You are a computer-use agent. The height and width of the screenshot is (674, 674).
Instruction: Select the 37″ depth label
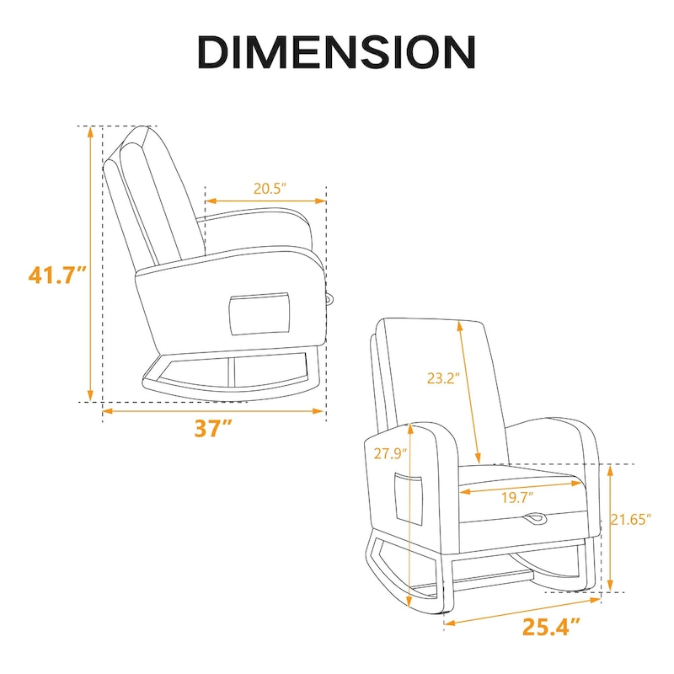coord(213,428)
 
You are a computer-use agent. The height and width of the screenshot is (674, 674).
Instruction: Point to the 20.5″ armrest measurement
coord(265,190)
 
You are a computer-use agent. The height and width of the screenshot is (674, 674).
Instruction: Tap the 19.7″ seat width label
coord(518,498)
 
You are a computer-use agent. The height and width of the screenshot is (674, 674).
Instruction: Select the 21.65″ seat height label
coord(632,521)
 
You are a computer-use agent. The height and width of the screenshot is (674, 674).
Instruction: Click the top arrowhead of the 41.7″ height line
coord(89,131)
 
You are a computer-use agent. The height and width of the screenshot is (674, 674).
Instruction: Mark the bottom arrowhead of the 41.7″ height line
coord(89,398)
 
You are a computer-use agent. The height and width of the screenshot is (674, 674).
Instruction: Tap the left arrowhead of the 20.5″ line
coord(209,201)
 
